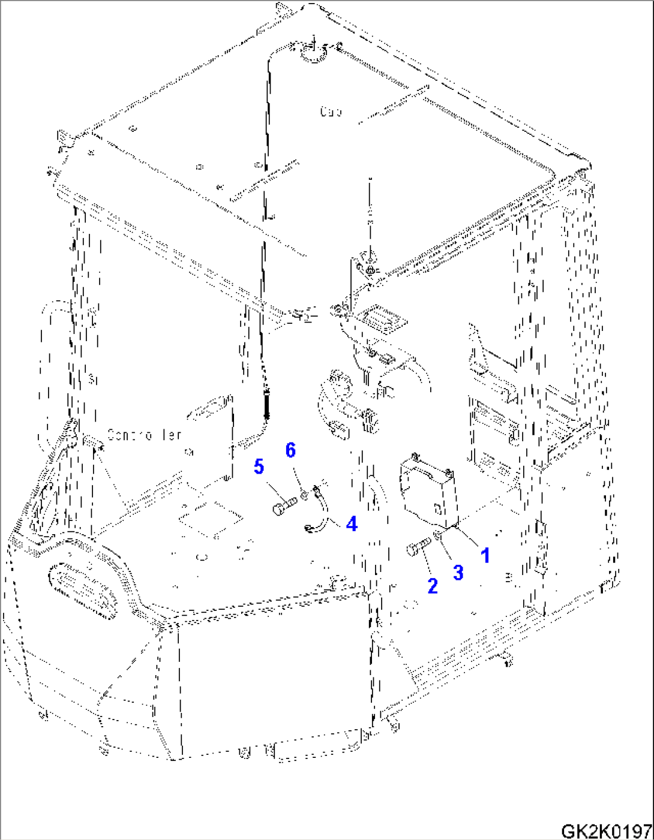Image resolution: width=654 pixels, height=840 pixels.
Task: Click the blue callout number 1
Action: point(485,555)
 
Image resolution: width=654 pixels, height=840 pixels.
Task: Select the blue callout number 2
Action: point(433,586)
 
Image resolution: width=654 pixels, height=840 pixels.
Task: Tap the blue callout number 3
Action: point(458,572)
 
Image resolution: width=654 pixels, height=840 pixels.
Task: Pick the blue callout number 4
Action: point(352,523)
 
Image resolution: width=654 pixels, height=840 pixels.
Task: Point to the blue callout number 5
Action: point(259,466)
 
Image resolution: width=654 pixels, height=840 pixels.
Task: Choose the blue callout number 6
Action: point(290,450)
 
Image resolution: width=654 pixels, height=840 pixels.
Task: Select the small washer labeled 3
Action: point(439,536)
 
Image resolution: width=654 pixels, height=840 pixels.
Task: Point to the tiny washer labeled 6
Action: point(305,495)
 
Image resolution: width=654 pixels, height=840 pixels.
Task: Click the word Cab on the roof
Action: point(331,112)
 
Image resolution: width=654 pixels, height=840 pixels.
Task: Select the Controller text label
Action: point(144,434)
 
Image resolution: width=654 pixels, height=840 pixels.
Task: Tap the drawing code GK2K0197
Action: point(606,831)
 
